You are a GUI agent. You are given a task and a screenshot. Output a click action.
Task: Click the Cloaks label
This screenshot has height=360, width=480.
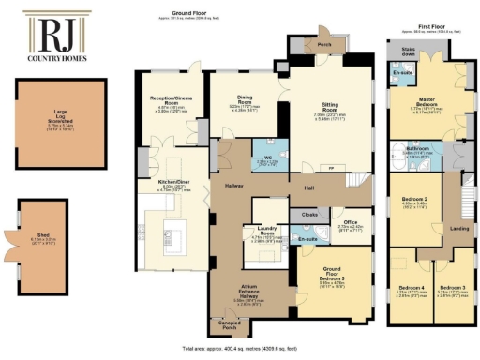click(310, 215)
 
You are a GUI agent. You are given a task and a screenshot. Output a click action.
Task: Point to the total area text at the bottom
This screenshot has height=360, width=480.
click(241, 347)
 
